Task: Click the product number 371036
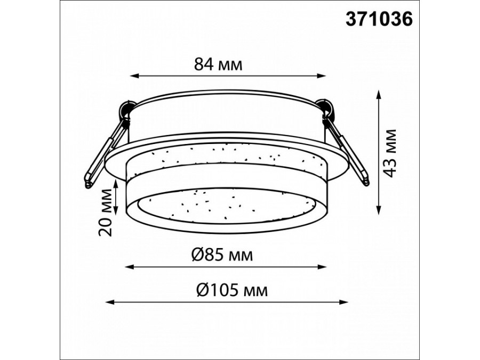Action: tap(379, 19)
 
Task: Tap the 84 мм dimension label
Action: tap(218, 65)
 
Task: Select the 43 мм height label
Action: tap(390, 153)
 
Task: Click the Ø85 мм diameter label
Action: tap(222, 255)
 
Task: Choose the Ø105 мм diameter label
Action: tap(232, 290)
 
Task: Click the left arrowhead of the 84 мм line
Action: tap(135, 76)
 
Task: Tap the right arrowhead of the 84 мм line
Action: tap(321, 76)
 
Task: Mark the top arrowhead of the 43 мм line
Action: tap(379, 94)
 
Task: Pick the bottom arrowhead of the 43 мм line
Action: tap(379, 210)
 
